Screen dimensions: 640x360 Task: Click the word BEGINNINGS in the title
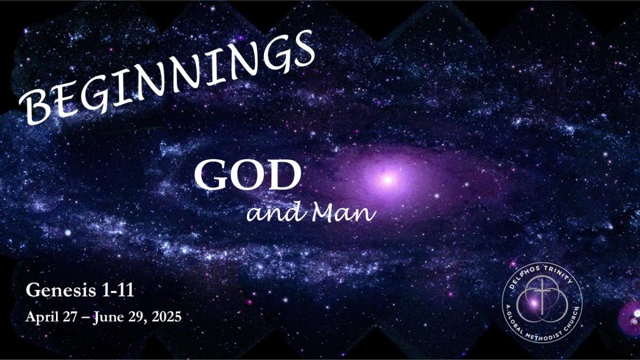(x=167, y=78)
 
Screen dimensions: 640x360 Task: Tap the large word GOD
(x=247, y=174)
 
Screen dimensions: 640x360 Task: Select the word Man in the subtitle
(x=343, y=213)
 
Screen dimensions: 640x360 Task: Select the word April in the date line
(x=42, y=317)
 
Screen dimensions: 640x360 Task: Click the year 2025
(x=166, y=317)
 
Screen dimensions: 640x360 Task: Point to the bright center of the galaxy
(x=388, y=180)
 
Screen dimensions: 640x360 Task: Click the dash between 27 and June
(x=85, y=318)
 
